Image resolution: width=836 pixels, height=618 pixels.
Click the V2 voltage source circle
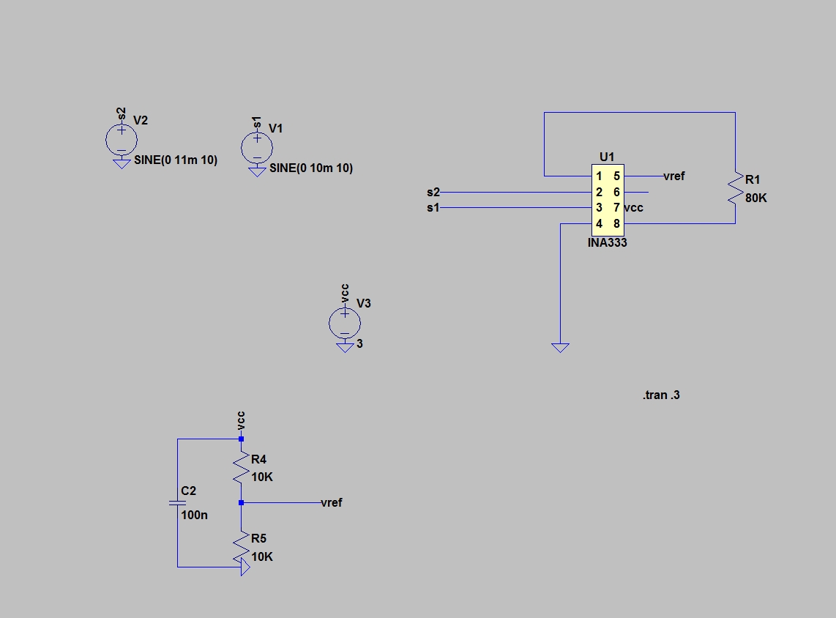121,139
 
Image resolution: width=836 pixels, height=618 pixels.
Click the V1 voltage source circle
257,147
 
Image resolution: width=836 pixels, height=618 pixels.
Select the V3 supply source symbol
345,322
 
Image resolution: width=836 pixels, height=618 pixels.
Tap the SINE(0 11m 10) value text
176,160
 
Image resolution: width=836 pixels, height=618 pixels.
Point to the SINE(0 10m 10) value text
311,168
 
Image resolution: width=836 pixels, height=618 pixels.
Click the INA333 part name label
607,242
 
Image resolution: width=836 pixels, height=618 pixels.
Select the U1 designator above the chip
607,156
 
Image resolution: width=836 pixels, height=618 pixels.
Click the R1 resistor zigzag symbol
734,188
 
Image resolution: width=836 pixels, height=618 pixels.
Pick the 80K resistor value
756,198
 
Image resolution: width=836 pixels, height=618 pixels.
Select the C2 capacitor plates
177,503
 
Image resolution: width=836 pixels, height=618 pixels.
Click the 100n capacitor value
194,515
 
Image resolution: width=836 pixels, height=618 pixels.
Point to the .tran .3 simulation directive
662,395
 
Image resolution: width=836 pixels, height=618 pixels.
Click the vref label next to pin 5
673,176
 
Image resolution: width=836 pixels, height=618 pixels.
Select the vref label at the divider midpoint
331,503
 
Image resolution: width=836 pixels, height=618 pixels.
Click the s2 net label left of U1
433,193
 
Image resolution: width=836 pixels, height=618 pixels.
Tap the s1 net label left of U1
433,208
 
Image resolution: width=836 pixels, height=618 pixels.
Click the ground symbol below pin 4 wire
560,348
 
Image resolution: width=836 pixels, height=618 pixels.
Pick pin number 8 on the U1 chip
616,223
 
